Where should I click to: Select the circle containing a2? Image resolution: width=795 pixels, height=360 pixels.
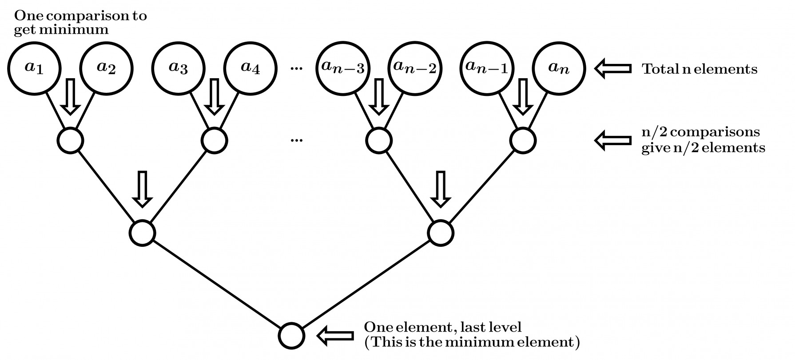tap(106, 68)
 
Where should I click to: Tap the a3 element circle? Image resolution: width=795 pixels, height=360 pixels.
tap(178, 68)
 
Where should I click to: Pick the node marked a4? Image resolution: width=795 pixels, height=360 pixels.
tap(250, 68)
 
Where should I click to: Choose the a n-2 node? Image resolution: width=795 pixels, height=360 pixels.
tap(415, 68)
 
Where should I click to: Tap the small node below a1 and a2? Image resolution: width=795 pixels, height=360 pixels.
tap(70, 140)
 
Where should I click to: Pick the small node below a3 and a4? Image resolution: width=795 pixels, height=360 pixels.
tap(214, 140)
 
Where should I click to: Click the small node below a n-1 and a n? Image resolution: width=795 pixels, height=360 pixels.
tap(523, 140)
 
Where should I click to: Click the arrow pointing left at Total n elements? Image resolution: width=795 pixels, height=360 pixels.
tap(613, 69)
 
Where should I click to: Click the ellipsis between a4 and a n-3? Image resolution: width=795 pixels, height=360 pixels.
tap(296, 69)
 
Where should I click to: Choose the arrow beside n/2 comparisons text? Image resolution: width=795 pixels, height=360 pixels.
tap(613, 140)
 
